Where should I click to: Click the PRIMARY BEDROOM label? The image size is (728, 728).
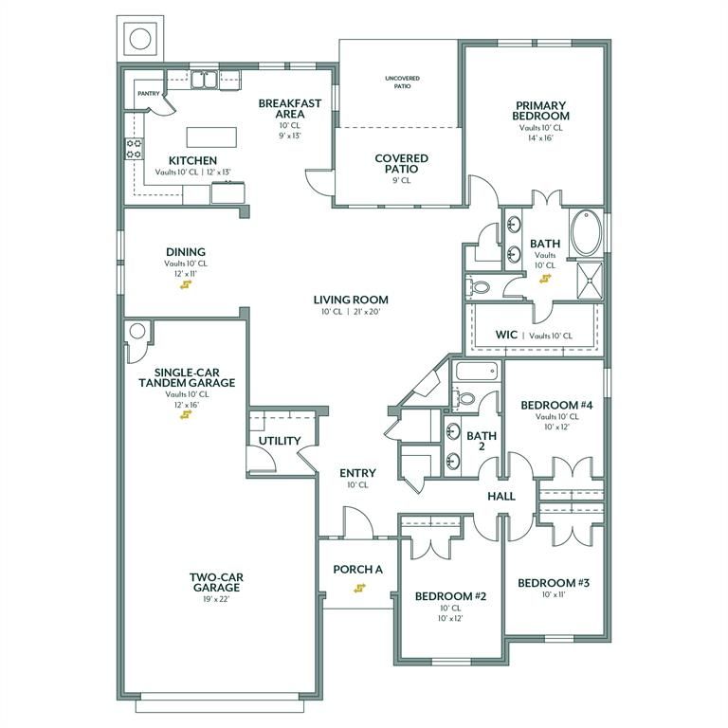pyautogui.click(x=541, y=110)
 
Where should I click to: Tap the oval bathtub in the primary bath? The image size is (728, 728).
pyautogui.click(x=587, y=232)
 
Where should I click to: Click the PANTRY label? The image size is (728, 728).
pyautogui.click(x=148, y=94)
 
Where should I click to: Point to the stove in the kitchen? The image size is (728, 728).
pyautogui.click(x=134, y=149)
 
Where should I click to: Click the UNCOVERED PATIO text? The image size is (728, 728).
pyautogui.click(x=401, y=82)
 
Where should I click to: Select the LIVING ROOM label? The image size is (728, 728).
pyautogui.click(x=351, y=300)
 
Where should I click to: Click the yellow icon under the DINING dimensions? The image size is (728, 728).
pyautogui.click(x=185, y=283)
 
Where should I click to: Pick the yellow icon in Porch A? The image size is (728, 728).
pyautogui.click(x=359, y=588)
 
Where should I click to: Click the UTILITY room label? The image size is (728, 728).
pyautogui.click(x=280, y=441)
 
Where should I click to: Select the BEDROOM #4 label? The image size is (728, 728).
pyautogui.click(x=556, y=405)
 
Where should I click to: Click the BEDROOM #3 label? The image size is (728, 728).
pyautogui.click(x=554, y=582)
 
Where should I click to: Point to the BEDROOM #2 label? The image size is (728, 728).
pyautogui.click(x=450, y=596)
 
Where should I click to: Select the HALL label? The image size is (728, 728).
pyautogui.click(x=500, y=496)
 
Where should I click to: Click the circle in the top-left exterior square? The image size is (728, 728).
pyautogui.click(x=139, y=40)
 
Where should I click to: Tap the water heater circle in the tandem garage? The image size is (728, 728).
pyautogui.click(x=136, y=331)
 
